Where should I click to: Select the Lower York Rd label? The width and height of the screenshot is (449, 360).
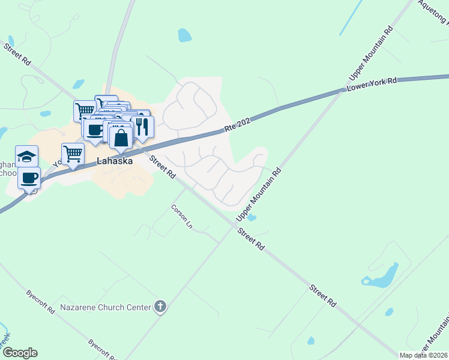pyautogui.click(x=372, y=85)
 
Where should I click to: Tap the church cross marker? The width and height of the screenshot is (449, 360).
pyautogui.click(x=160, y=307)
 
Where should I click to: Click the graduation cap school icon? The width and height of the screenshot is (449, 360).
pyautogui.click(x=26, y=157)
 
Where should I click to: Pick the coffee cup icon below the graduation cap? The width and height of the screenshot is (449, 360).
pyautogui.click(x=29, y=178)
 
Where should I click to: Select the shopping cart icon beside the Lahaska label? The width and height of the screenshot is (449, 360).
pyautogui.click(x=73, y=154)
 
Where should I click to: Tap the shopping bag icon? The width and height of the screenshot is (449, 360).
pyautogui.click(x=121, y=138)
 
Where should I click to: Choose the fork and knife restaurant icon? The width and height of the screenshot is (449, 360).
pyautogui.click(x=142, y=126)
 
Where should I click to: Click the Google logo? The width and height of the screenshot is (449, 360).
pyautogui.click(x=20, y=353)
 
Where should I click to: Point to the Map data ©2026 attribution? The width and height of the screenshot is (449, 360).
pyautogui.click(x=423, y=355)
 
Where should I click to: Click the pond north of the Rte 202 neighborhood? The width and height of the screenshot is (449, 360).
pyautogui.click(x=184, y=35)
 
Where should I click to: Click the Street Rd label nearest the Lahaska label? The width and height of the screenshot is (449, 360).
pyautogui.click(x=162, y=167)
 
